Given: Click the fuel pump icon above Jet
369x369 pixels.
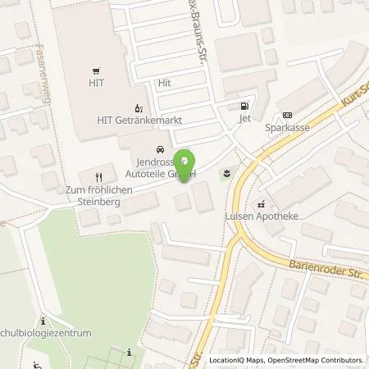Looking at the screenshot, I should [243, 106].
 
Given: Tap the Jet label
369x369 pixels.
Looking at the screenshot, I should [243, 119].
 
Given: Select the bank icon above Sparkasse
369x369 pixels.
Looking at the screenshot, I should [286, 115].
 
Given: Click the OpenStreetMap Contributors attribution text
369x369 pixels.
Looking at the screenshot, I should [315, 360].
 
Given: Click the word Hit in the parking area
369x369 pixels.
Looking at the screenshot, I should [164, 83].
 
